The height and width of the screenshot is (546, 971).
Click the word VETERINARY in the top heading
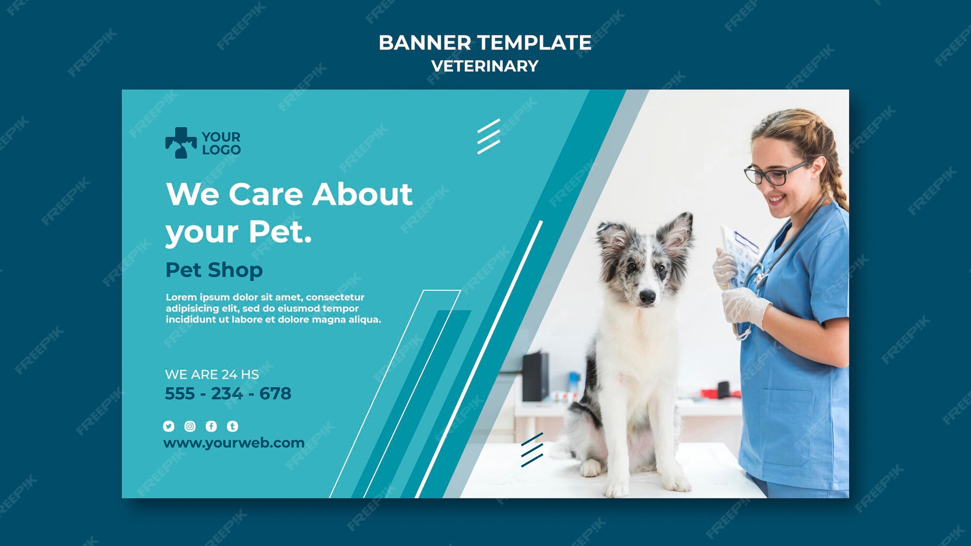485,66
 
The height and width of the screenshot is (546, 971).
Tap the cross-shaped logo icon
181,143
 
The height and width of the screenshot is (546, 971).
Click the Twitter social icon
168,426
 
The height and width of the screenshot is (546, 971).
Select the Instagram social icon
190,426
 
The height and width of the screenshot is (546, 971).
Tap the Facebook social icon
211,426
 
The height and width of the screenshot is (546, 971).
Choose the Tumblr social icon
233,426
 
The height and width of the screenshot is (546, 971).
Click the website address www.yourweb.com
234,443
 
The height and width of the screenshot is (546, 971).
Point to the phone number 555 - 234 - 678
228,394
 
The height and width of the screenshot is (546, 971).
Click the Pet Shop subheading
214,270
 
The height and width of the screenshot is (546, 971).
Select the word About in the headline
363,194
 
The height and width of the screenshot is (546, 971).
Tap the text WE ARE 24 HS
212,375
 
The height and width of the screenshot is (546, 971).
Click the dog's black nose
647,296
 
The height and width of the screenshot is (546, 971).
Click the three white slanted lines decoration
488,136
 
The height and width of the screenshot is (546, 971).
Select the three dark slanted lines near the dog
532,450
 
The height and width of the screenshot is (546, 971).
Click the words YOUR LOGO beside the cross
221,143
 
